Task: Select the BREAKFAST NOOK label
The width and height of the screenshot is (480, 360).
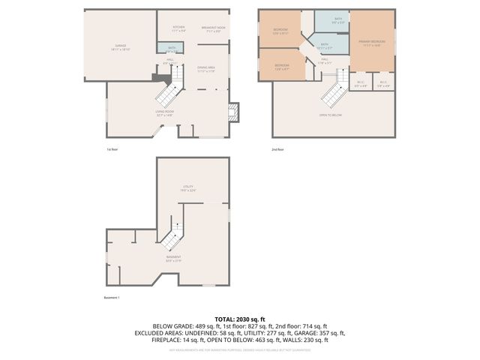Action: coord(214,28)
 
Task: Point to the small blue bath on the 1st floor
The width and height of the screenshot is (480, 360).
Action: coord(166,49)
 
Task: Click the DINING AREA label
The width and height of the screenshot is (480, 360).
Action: coord(207,70)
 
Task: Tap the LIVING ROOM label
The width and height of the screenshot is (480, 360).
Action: coord(164,113)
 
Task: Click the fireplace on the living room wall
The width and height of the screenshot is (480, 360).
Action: coord(233,112)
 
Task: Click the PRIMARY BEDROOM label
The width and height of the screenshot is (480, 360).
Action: coord(372,43)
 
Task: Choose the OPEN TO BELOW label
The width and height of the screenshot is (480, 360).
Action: coord(331,115)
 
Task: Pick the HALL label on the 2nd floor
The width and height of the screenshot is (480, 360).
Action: coord(325,60)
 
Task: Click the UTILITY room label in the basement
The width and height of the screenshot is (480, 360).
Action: coord(188,187)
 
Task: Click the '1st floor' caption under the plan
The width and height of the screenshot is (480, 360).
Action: coord(112,149)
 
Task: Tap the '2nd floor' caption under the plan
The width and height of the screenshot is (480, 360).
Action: coord(277,149)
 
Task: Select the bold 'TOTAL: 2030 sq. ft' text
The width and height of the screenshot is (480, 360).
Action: coord(240,319)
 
